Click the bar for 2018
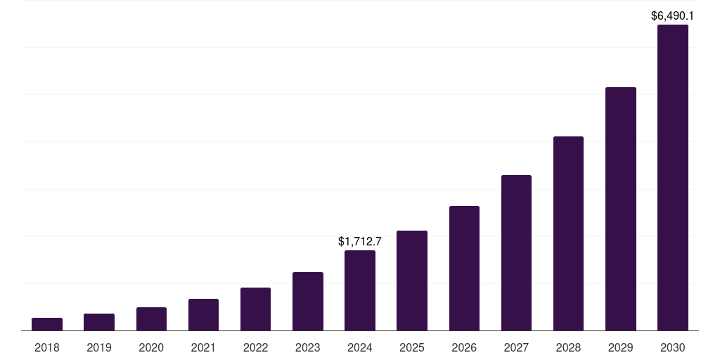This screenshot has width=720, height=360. coord(47,324)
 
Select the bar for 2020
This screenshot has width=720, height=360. coord(151,319)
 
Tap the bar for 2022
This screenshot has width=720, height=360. coord(255,309)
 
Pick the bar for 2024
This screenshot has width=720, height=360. coord(360,290)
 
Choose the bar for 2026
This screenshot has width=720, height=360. coord(464,269)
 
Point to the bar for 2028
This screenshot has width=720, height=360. coord(568,233)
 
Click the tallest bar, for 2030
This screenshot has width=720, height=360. coord(673,178)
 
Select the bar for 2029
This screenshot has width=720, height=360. coord(621,209)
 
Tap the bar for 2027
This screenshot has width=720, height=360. coord(516,253)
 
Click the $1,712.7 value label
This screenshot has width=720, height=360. coord(360,241)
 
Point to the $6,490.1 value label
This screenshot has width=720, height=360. coord(673,15)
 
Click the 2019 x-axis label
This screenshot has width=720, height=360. coord(99,347)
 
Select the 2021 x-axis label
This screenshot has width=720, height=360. coord(203,347)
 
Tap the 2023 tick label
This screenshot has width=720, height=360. coord(308,347)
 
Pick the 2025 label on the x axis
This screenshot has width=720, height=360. coord(412,347)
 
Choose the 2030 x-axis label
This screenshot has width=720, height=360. coord(673,347)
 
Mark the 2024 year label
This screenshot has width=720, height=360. coord(360,347)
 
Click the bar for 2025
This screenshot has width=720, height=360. coord(412,281)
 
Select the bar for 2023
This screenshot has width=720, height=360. coord(308,302)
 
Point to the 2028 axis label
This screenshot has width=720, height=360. coord(568,347)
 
